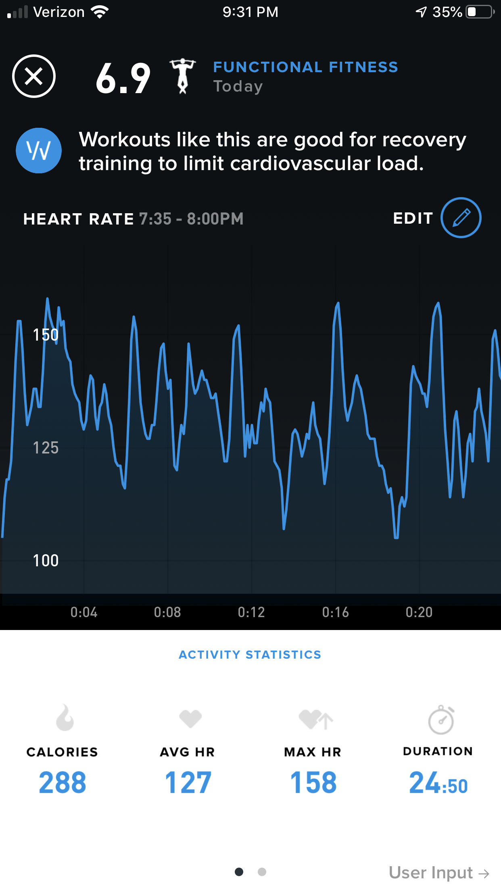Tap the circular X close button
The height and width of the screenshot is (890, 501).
(34, 76)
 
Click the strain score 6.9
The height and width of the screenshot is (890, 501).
(123, 78)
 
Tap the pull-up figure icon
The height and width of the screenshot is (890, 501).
(183, 76)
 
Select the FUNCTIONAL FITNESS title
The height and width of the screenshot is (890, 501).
(305, 67)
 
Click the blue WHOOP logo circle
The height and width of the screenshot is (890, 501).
(39, 151)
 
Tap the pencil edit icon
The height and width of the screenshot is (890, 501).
(461, 218)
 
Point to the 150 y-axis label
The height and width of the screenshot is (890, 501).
(46, 335)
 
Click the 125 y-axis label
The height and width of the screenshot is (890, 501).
(46, 448)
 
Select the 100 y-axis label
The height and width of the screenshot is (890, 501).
(46, 561)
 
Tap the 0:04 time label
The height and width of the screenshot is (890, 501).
(84, 612)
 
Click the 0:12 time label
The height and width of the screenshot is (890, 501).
(251, 612)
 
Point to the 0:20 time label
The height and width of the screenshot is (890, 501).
(419, 612)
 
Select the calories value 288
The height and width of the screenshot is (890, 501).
(63, 782)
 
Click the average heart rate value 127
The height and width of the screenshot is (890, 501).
(188, 782)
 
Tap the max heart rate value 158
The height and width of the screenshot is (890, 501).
(313, 782)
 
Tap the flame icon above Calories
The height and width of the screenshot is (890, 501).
(65, 718)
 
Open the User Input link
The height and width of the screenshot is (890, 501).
(439, 873)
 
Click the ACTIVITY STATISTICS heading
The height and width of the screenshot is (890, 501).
(250, 655)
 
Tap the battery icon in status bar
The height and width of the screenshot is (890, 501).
(480, 12)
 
